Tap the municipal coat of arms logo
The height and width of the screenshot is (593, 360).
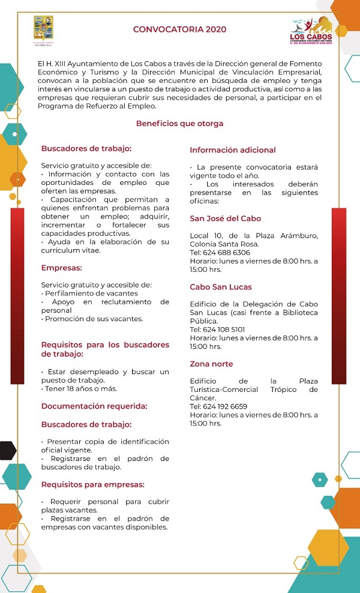[x=43, y=30]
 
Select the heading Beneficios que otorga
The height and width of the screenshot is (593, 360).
[x=179, y=124]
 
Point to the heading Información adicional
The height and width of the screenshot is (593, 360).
[x=233, y=150]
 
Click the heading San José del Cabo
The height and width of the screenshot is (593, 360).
[x=226, y=218]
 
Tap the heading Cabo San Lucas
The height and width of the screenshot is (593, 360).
[x=221, y=287]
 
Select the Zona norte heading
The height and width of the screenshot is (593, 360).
[x=211, y=364]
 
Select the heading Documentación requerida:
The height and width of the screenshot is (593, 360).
[x=94, y=406]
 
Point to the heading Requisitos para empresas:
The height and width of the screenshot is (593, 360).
[x=92, y=484]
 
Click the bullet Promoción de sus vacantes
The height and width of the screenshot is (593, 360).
[x=94, y=319]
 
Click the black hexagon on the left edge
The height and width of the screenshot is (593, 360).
[x=7, y=450]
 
